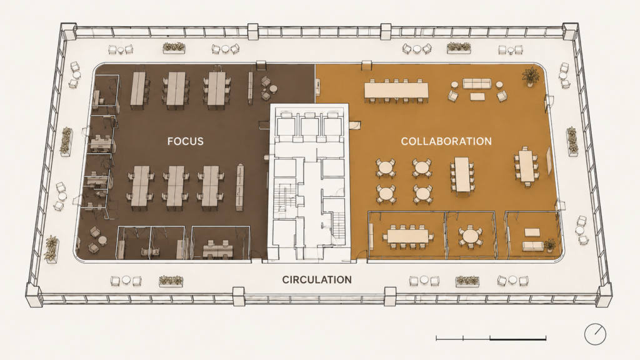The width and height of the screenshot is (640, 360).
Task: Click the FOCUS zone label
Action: [x=185, y=142]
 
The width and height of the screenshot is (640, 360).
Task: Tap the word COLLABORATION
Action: [x=446, y=142]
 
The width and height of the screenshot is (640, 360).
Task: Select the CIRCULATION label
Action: [x=317, y=280]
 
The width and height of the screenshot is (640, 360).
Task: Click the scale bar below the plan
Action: [x=491, y=338]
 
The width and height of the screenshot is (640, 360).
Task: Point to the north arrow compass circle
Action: [x=595, y=334]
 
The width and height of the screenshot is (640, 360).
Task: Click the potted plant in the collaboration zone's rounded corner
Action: [x=531, y=76]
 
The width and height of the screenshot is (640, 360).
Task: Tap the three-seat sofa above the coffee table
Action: [x=476, y=84]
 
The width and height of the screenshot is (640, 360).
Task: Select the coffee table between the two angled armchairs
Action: [x=477, y=97]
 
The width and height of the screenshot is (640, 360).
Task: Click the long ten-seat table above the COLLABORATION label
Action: [x=396, y=90]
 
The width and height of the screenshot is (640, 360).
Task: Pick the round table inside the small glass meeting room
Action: [x=470, y=236]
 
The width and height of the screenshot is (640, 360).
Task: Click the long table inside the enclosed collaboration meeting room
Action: [x=407, y=236]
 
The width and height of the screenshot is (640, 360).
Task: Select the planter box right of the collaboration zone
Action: [x=572, y=142]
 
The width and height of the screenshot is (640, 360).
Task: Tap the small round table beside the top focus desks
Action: [x=272, y=88]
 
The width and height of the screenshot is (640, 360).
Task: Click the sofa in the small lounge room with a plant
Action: [x=532, y=246]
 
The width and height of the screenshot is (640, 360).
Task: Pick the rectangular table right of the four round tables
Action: [x=462, y=174]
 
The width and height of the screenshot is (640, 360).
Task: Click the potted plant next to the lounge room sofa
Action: [x=550, y=244]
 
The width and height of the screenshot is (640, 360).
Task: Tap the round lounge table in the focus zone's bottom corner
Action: [x=102, y=241]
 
